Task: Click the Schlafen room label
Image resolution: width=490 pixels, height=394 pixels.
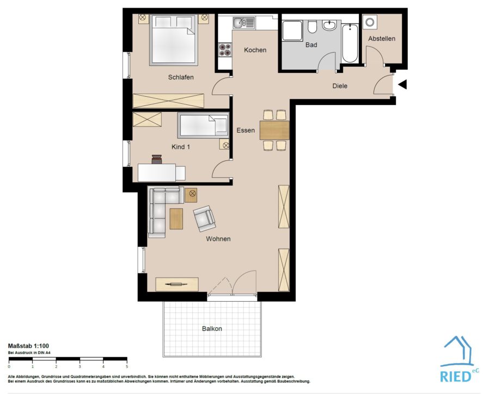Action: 181,77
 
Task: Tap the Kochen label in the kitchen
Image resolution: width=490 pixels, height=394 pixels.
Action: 255,50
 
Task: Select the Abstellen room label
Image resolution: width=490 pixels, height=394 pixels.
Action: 382,39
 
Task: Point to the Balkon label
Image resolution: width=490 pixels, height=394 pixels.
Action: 212,328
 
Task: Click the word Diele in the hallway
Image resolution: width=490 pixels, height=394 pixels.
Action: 340,86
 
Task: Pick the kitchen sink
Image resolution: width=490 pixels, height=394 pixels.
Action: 244,23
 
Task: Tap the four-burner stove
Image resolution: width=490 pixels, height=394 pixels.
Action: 225,49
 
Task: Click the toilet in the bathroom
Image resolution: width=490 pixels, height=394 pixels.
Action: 312,27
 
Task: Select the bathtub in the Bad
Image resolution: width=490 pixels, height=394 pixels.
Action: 350,43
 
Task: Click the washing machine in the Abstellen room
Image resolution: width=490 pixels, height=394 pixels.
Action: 370,22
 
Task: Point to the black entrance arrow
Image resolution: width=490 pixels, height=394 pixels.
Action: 402,84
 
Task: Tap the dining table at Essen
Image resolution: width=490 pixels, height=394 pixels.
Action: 274,130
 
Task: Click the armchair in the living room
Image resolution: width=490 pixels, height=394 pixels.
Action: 204,218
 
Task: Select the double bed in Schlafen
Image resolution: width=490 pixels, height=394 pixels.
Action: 174,40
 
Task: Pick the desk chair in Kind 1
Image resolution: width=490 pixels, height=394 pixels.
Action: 157,159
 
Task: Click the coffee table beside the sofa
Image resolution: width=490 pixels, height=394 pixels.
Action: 176,218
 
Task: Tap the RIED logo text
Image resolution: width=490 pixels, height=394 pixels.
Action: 455,376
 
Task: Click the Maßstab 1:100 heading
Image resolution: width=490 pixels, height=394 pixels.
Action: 28,346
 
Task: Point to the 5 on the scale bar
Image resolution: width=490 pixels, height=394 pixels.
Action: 126,366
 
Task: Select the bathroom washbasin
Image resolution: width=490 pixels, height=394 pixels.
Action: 329,25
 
